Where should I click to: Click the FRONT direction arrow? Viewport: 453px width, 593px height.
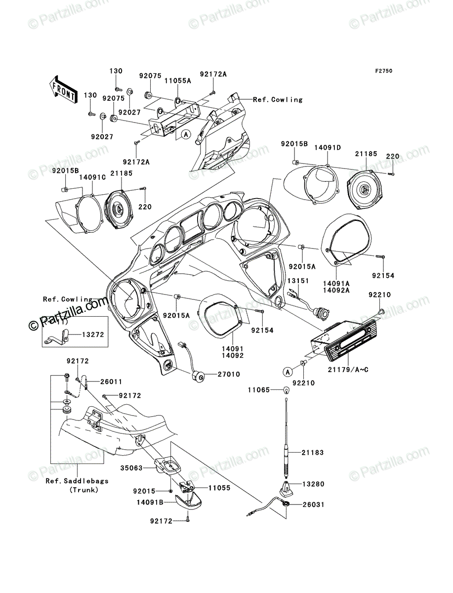pos(63,89)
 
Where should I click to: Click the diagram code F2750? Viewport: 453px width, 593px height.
pos(384,71)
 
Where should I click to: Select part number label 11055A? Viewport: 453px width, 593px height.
pos(178,81)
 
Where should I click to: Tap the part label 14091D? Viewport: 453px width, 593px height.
pos(328,147)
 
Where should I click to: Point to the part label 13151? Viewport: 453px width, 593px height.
pos(298,281)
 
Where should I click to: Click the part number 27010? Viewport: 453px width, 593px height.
pos(229,374)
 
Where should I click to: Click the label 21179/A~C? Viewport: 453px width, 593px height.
pos(348,370)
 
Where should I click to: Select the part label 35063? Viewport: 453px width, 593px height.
pos(131,468)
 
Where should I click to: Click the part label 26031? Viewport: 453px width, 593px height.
pos(313,505)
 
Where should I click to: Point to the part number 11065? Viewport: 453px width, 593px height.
pos(259,390)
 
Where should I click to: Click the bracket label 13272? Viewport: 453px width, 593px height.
pos(93,335)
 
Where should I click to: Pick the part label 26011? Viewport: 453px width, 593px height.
pos(111,381)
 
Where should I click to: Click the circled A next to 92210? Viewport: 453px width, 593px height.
pos(288,372)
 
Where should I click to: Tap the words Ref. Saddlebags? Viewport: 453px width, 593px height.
pos(77,481)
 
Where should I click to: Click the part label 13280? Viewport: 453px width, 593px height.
pos(313,484)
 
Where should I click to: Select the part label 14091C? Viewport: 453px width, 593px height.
pos(92,177)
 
